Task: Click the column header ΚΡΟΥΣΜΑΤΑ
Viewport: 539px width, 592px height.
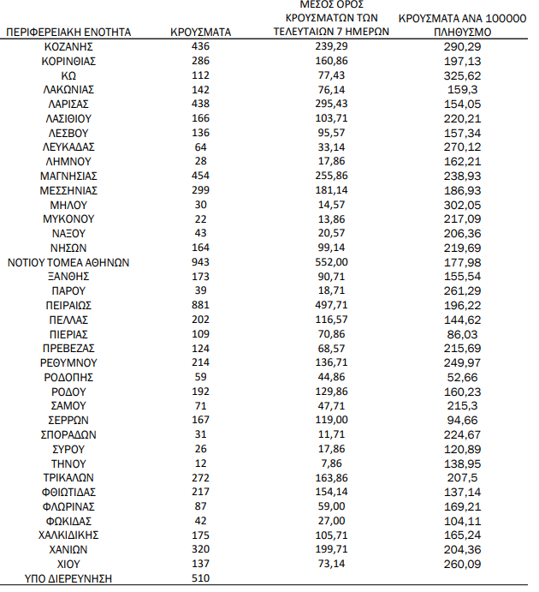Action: click(x=201, y=32)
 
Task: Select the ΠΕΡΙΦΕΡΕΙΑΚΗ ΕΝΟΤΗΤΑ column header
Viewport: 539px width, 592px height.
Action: click(x=69, y=32)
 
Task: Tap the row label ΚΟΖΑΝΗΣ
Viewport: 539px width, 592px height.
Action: click(x=68, y=46)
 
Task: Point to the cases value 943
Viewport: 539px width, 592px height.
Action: click(x=201, y=262)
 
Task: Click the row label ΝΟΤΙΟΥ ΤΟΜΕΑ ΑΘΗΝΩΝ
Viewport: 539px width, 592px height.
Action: click(x=69, y=262)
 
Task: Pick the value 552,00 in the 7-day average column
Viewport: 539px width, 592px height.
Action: click(x=330, y=262)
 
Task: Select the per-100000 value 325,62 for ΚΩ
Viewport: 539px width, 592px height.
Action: click(x=464, y=75)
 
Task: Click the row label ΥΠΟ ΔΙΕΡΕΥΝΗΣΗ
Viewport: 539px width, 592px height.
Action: click(x=69, y=578)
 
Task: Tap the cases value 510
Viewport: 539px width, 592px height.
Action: click(x=201, y=578)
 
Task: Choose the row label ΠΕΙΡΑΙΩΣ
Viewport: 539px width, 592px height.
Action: click(x=68, y=305)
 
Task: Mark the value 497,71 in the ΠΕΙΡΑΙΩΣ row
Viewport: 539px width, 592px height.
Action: click(x=330, y=305)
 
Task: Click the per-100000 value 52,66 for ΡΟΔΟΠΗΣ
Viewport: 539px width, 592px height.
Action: click(x=464, y=377)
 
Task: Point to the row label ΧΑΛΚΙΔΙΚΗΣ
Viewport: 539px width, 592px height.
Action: click(x=68, y=535)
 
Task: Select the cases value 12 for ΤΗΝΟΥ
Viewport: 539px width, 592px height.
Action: click(x=201, y=463)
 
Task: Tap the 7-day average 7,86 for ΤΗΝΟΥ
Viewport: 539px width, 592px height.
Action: click(x=330, y=463)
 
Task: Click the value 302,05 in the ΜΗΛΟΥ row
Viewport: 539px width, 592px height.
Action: click(x=464, y=205)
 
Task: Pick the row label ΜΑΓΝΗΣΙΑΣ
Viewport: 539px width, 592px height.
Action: click(x=68, y=176)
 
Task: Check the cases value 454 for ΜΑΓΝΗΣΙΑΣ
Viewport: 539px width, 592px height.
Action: click(x=201, y=176)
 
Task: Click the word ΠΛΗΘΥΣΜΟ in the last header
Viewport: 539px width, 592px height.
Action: click(x=463, y=32)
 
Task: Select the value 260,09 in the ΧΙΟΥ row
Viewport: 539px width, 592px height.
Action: click(x=464, y=564)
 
